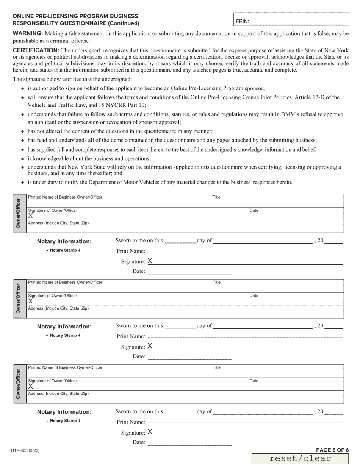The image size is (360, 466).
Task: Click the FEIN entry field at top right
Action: (296, 21)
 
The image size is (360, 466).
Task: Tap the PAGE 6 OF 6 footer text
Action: (332, 450)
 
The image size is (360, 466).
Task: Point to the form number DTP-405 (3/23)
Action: (26, 451)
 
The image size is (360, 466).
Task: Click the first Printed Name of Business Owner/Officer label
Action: (65, 197)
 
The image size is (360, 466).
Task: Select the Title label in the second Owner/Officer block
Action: (216, 282)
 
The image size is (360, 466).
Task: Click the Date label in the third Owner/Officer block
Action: (254, 381)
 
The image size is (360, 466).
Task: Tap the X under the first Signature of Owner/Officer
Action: (31, 216)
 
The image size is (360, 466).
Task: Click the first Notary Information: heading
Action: (64, 241)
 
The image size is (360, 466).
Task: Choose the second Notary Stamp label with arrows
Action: (63, 335)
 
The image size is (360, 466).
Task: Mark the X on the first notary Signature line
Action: (150, 261)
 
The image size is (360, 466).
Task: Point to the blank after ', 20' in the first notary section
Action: (334, 241)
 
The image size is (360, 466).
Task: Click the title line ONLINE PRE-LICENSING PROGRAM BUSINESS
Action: (75, 16)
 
